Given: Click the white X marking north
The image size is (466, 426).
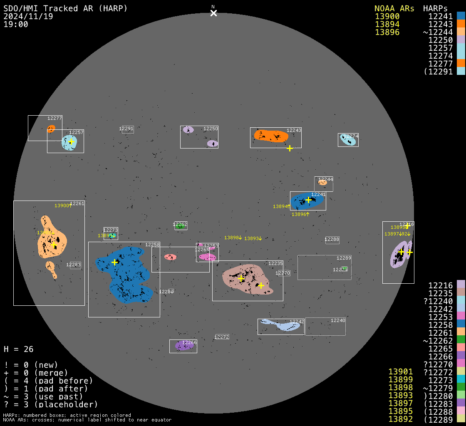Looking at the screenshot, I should coord(213,13).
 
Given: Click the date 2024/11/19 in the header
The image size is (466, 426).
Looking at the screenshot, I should coord(28,16).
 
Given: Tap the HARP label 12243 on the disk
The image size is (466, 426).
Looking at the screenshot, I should coord(294,130).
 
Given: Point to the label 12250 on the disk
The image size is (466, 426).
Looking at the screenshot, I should coord(211,129).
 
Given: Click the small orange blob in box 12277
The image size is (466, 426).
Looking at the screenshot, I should coord(51,129).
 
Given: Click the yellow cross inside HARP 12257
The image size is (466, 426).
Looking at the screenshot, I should coord(71,142).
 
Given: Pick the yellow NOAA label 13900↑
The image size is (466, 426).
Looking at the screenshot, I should coord(63,206).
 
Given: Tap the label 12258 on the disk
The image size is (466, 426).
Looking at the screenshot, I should coord(152,245).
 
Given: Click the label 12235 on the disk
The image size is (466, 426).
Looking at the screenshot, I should coord(275,263).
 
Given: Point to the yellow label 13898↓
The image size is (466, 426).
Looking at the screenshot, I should coord(233,238).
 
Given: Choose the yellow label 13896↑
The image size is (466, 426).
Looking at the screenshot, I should coord(300,214).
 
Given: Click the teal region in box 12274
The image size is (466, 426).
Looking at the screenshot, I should coord(348,140).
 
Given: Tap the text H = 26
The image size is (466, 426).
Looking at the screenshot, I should coord(18,349).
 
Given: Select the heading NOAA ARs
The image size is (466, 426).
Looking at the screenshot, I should coord(394,8).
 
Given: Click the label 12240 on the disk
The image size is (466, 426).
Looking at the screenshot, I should coord(338,320).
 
